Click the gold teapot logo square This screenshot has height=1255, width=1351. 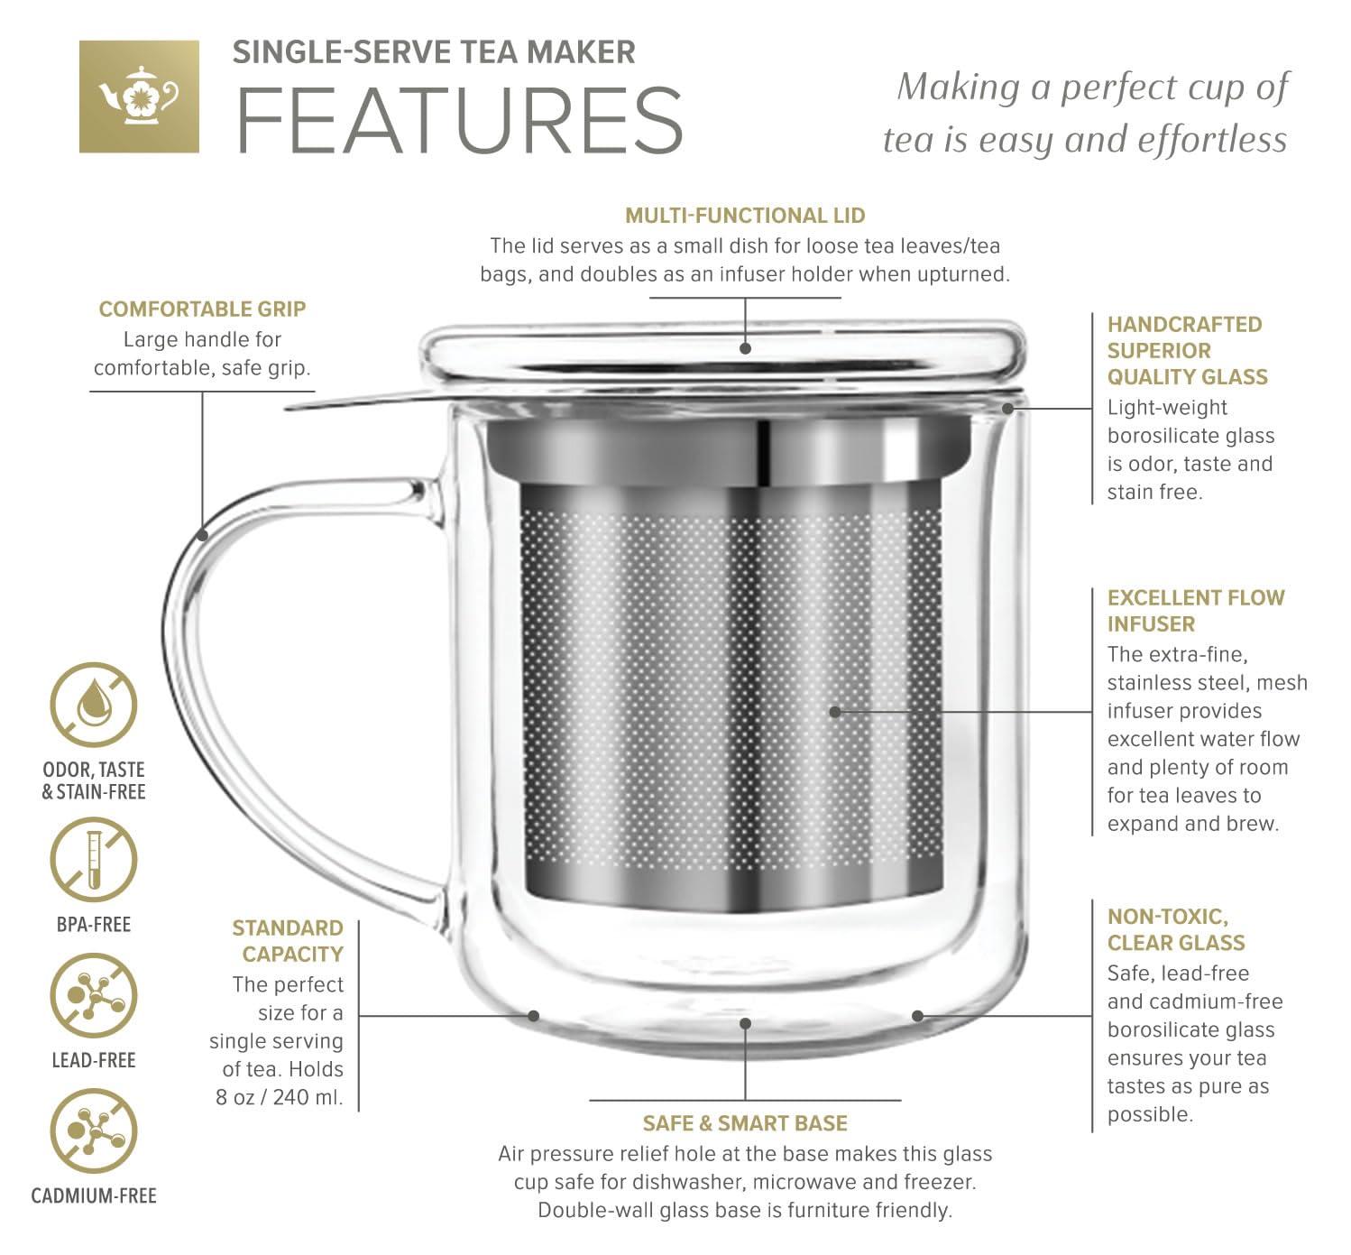(139, 96)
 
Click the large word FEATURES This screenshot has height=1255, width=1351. (459, 120)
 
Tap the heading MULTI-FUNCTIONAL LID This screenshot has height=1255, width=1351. (745, 216)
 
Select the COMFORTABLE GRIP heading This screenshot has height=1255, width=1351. (202, 309)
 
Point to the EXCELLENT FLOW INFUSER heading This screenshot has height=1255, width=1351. (1195, 611)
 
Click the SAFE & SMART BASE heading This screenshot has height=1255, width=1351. (745, 1123)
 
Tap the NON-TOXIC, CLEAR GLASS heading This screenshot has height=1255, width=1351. (1176, 930)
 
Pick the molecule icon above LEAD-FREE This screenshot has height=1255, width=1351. (93, 996)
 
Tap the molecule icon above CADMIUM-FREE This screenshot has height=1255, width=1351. (93, 1131)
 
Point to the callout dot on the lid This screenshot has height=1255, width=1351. (746, 347)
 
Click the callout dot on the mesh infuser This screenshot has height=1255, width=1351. (835, 712)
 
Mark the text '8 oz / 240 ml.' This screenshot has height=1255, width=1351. (280, 1098)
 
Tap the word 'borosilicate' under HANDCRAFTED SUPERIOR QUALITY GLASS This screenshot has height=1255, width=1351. (1190, 436)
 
